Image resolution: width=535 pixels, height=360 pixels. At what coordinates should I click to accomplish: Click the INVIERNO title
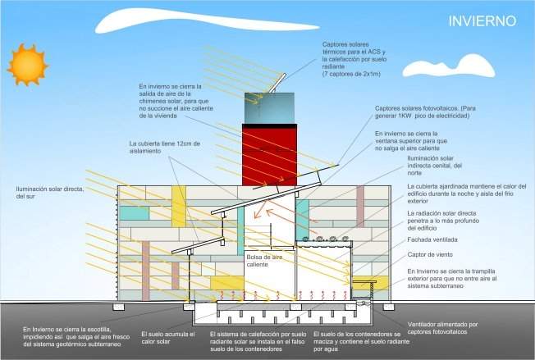(x=482, y=21)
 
